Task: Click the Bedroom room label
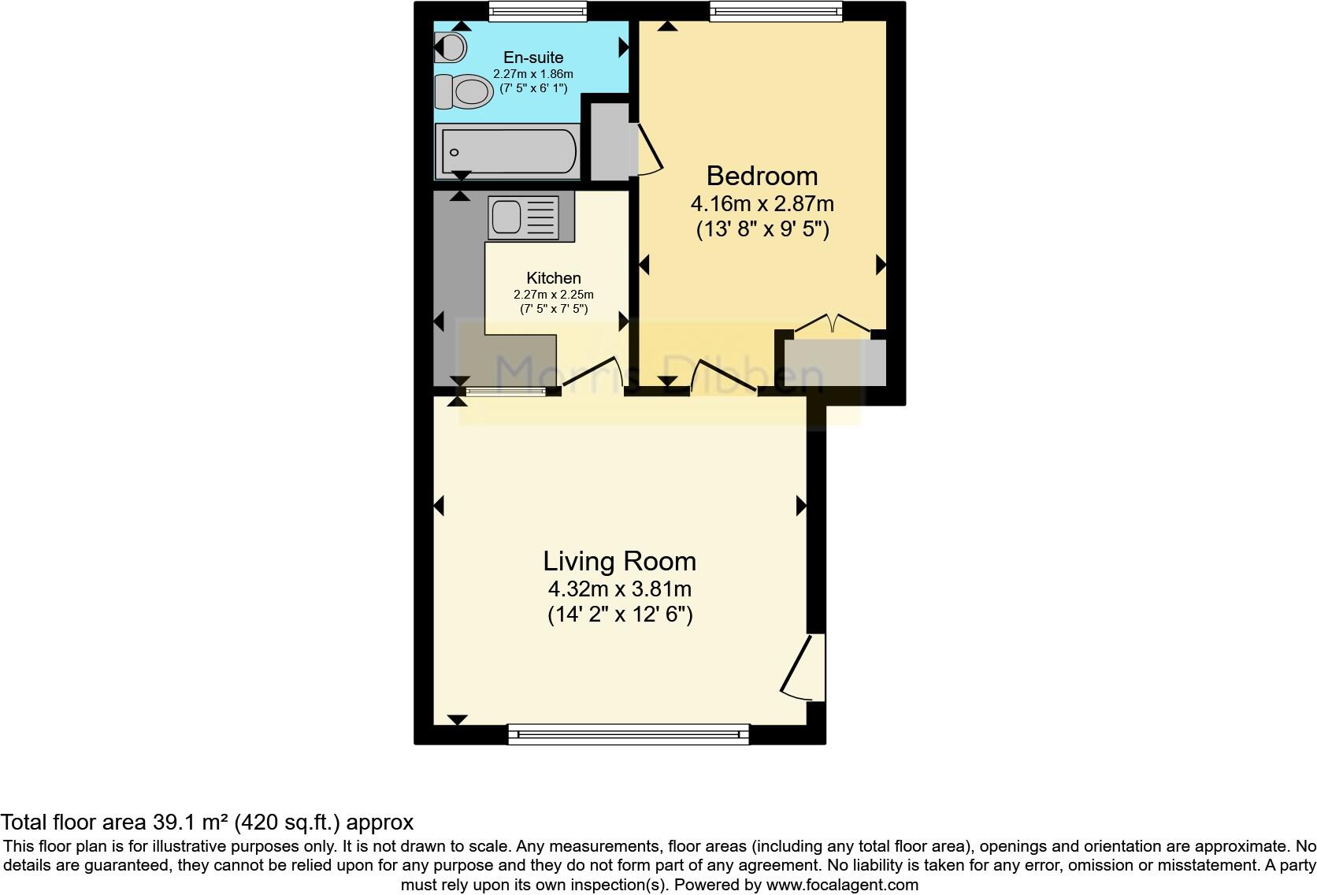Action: (x=762, y=176)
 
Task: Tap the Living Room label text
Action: (x=619, y=561)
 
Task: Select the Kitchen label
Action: (x=554, y=278)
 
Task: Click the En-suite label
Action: (x=533, y=58)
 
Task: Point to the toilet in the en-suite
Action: (x=462, y=91)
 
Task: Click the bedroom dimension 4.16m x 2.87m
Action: (x=762, y=204)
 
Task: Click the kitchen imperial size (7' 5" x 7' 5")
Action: (x=554, y=309)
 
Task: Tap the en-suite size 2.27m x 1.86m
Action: (x=533, y=74)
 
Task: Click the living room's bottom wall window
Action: (x=628, y=735)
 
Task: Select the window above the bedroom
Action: (x=775, y=10)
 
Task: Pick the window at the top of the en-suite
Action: (x=537, y=10)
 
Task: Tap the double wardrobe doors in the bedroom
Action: (x=833, y=325)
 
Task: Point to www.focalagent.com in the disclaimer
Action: (x=842, y=885)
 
